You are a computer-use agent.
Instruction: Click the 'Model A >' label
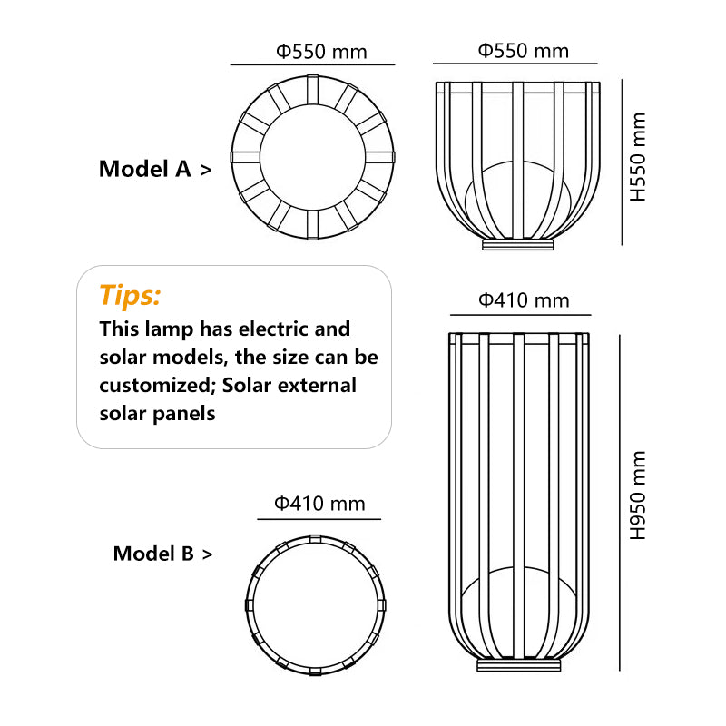[x=155, y=169]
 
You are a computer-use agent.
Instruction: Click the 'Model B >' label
[x=162, y=554]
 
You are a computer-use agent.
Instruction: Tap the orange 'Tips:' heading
[x=130, y=295]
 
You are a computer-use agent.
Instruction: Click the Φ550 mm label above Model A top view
[x=322, y=51]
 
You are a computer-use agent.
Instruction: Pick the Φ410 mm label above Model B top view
[x=319, y=503]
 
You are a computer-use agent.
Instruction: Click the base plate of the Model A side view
[x=517, y=245]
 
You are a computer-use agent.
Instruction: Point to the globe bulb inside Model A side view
[x=517, y=200]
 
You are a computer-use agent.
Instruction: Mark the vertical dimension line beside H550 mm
[x=622, y=162]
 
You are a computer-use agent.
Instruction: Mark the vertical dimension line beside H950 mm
[x=619, y=502]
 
